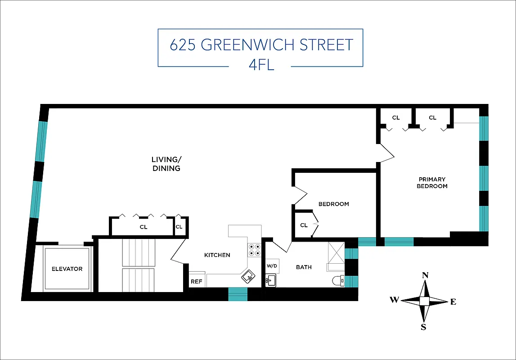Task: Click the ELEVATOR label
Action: tap(67, 269)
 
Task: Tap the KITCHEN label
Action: tap(217, 255)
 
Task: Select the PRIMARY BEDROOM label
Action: tap(432, 183)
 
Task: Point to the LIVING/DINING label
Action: tap(166, 164)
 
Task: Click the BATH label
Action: tap(304, 267)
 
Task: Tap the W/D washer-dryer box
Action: tap(272, 265)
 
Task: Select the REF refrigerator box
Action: tap(196, 282)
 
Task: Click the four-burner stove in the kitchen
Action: tap(254, 250)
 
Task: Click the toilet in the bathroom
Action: tap(338, 281)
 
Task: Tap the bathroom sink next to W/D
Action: tap(270, 281)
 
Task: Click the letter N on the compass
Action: tap(424, 275)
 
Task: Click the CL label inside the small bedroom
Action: tap(304, 225)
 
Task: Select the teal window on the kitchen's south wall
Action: tap(238, 294)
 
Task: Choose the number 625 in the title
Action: tap(183, 45)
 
